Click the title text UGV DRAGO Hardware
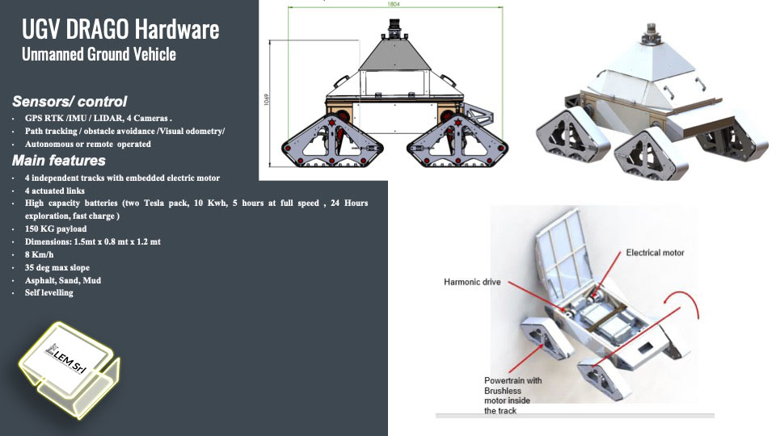[x=120, y=30]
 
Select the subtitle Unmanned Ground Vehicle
[x=99, y=55]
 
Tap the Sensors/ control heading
[x=70, y=102]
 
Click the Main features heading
[x=59, y=160]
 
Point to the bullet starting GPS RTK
[x=99, y=118]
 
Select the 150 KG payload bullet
[x=55, y=228]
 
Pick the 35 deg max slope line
[x=57, y=267]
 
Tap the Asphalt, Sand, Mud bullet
[x=62, y=280]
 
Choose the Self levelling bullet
[x=48, y=292]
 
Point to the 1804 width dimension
[x=394, y=5]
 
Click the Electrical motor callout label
[x=655, y=253]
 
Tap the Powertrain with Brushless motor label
[x=512, y=395]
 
